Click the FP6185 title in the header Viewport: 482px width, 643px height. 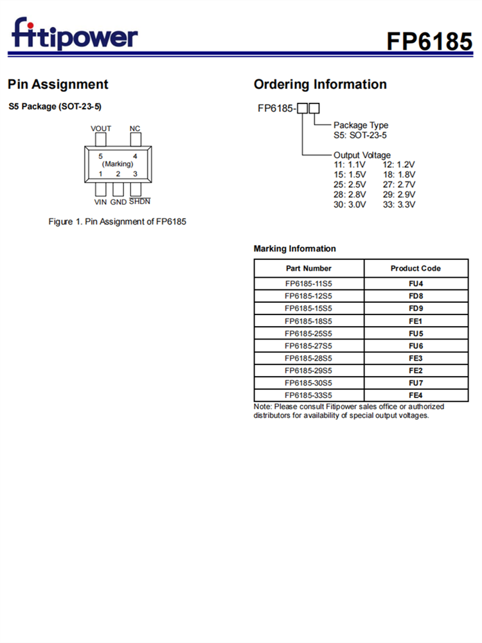tap(429, 41)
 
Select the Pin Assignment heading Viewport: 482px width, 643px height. tap(58, 84)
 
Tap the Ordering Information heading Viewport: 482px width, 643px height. tap(320, 84)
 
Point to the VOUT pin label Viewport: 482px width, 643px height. tap(101, 129)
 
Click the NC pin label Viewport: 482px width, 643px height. tap(135, 129)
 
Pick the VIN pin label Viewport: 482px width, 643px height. tap(101, 202)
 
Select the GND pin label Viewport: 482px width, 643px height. tap(118, 202)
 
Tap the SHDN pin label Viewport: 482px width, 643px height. tap(139, 202)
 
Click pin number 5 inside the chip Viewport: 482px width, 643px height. tap(101, 156)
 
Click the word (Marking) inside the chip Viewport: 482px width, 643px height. tap(118, 164)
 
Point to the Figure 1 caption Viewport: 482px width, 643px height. tap(118, 222)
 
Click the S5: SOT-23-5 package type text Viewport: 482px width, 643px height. tap(360, 135)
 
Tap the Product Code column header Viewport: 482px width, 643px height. tap(416, 268)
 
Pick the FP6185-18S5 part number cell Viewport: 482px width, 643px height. tap(308, 321)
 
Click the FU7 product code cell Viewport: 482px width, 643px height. tap(416, 383)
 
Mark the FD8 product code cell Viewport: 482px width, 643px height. tap(416, 296)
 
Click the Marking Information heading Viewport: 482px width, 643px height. tap(294, 249)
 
